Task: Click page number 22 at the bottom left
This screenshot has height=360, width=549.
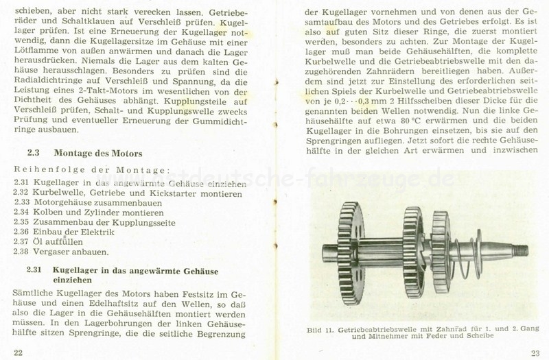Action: (x=19, y=352)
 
